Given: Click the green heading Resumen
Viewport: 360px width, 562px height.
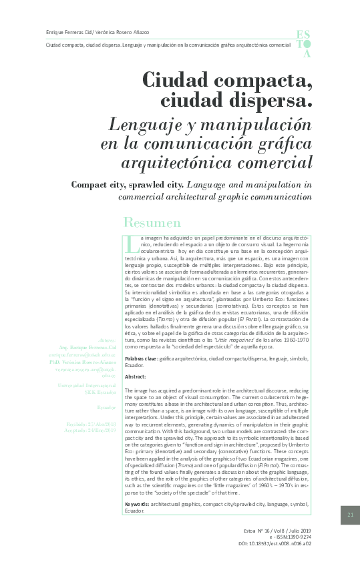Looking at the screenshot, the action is point(152,223).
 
